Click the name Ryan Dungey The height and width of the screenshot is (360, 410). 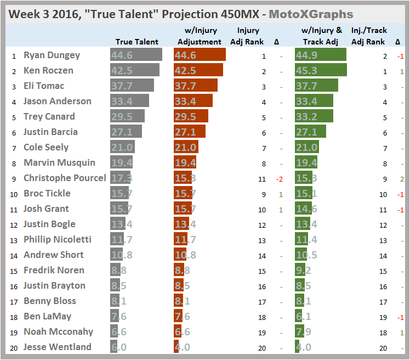pyautogui.click(x=52, y=55)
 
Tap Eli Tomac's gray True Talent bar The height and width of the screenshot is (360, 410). pyautogui.click(x=132, y=86)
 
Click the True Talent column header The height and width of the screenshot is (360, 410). pyautogui.click(x=136, y=42)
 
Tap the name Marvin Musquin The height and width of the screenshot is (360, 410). pyautogui.click(x=59, y=162)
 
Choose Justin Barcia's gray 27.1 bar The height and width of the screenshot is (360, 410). pyautogui.click(x=126, y=132)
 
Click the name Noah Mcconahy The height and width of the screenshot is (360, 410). pyautogui.click(x=58, y=331)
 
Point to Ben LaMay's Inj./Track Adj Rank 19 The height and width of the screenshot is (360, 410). pyautogui.click(x=384, y=317)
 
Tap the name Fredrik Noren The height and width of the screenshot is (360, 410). pyautogui.click(x=54, y=270)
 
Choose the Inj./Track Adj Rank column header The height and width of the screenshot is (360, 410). pyautogui.click(x=368, y=36)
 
